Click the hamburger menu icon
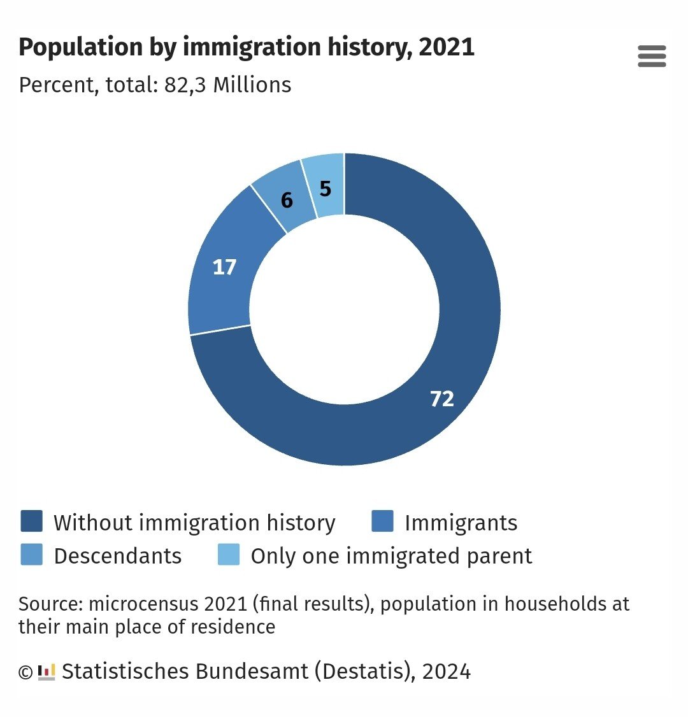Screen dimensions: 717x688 [652, 57]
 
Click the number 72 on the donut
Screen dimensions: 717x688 [442, 399]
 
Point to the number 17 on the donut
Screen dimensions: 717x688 [224, 267]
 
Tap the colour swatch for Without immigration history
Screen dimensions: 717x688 [31, 521]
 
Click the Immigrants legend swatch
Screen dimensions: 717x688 [382, 521]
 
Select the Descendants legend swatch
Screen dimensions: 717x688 [31, 555]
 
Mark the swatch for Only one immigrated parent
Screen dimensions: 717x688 [229, 555]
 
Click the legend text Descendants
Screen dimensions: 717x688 [118, 556]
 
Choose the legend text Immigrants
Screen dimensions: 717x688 [461, 523]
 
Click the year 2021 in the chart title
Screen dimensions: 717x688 [447, 48]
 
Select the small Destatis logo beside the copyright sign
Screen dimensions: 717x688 [47, 672]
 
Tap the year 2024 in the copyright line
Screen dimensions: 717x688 [446, 671]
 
